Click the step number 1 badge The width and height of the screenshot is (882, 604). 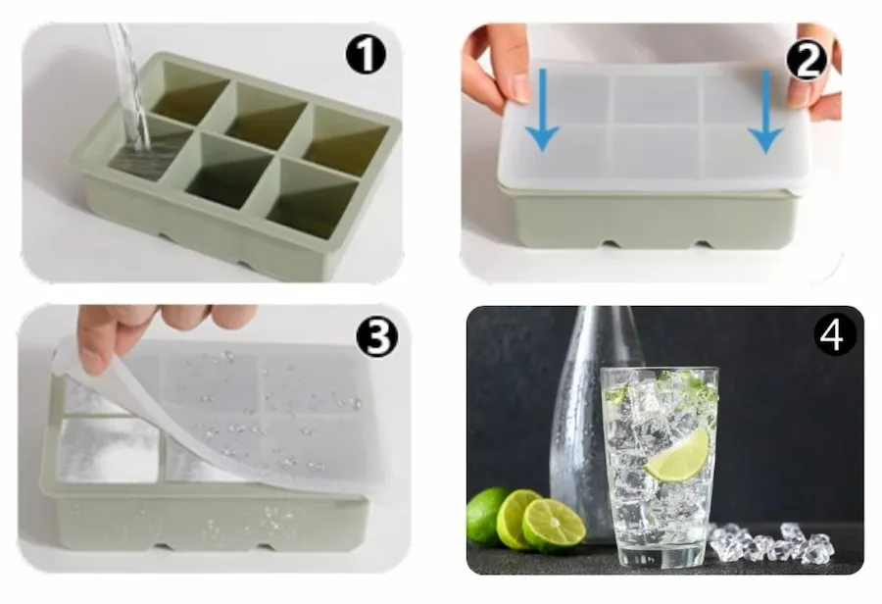[x=366, y=55]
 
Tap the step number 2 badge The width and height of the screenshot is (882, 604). [x=807, y=60]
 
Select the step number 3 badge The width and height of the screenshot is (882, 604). [x=377, y=336]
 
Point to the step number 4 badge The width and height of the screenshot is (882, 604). [x=835, y=335]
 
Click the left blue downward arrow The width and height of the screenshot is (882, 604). [x=542, y=111]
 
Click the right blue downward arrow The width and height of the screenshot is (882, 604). [x=765, y=112]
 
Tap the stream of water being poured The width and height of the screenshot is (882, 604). [x=130, y=84]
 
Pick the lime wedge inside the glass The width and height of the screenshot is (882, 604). [x=678, y=455]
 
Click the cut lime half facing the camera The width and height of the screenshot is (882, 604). [x=554, y=525]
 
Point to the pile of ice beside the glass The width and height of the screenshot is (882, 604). [x=770, y=542]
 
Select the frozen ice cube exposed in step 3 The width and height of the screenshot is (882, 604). [x=110, y=450]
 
